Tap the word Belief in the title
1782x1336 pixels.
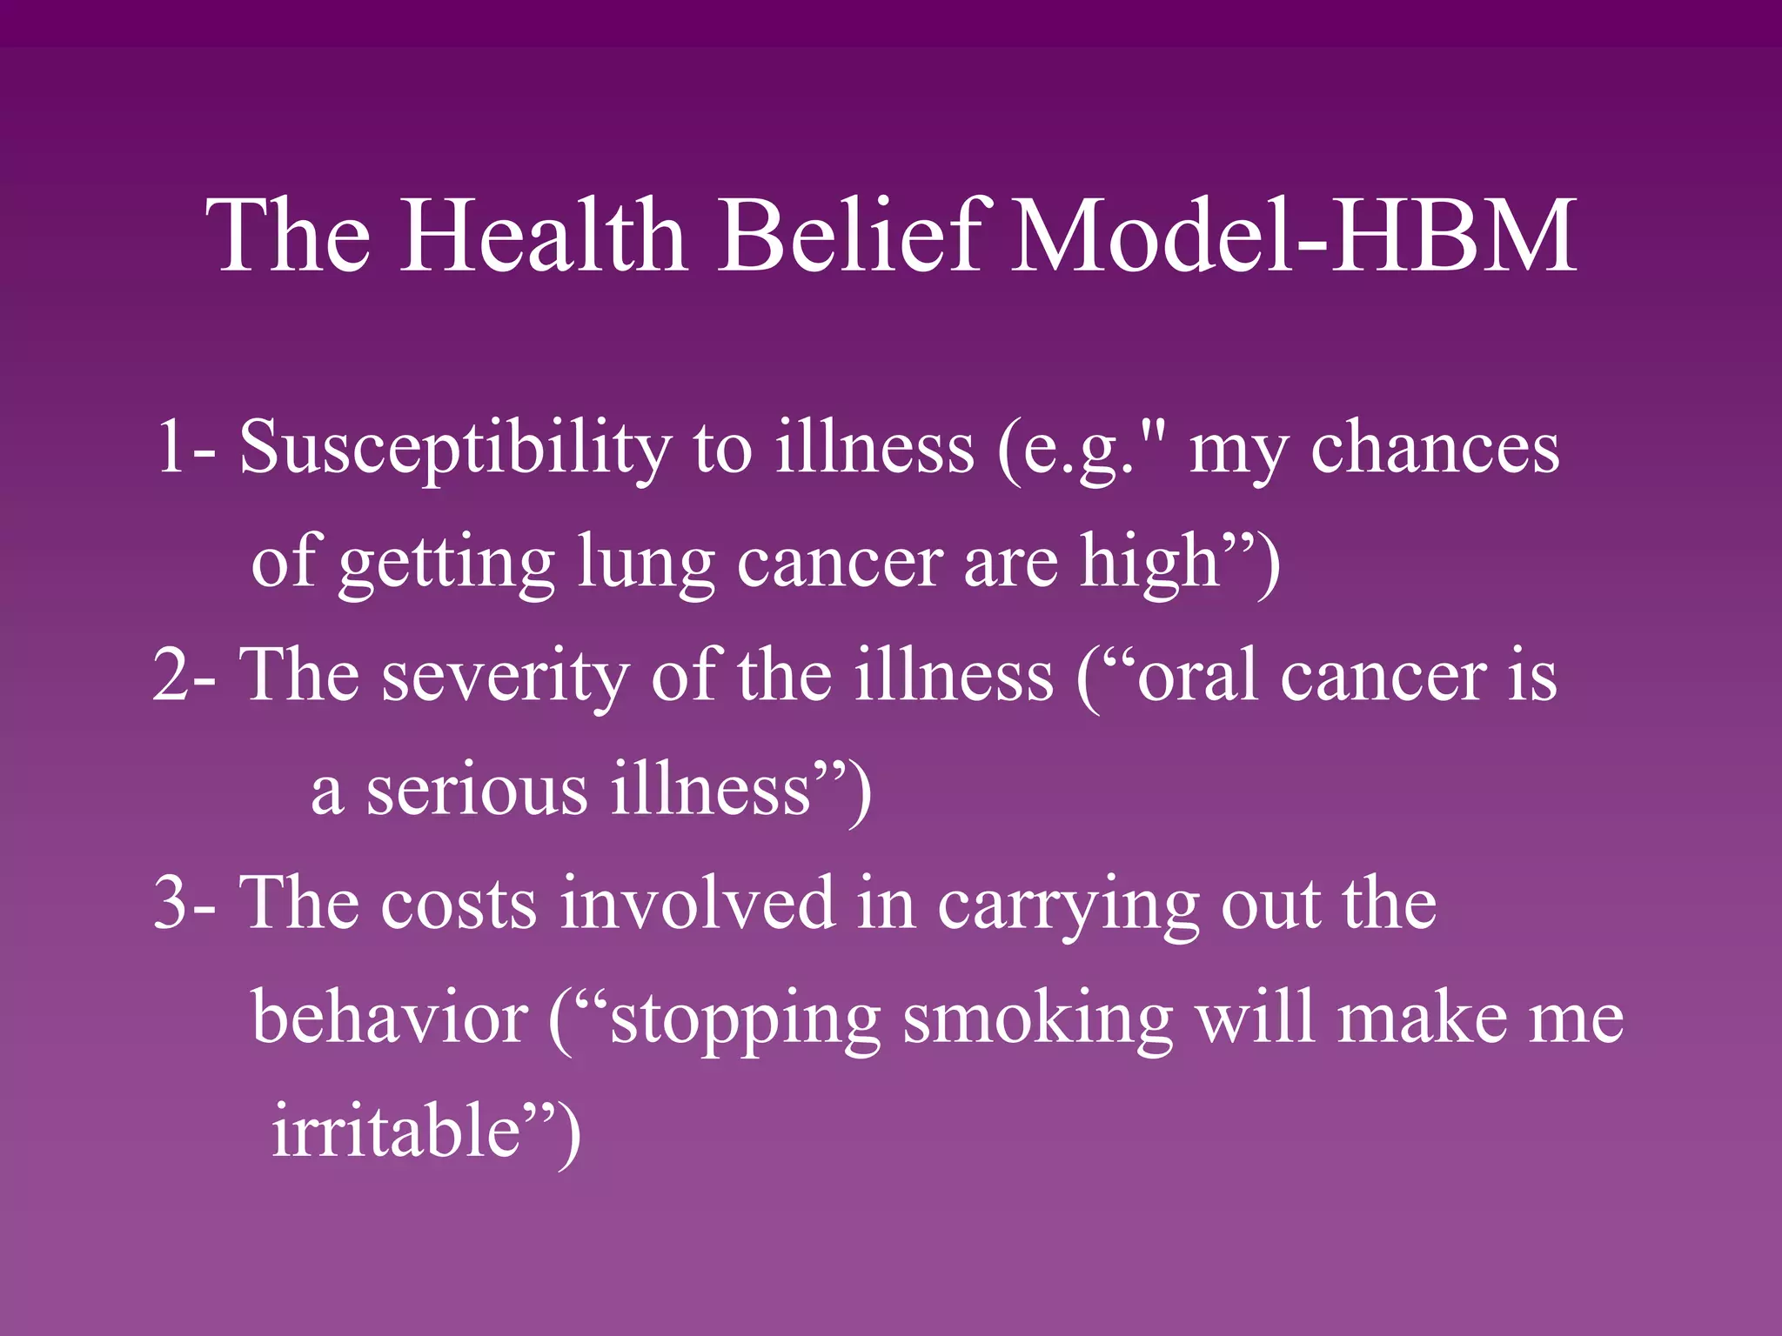pos(856,235)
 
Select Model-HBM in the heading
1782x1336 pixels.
pos(1293,235)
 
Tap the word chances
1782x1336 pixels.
pos(1435,448)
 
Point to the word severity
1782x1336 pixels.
pos(505,677)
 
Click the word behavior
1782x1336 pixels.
pos(390,1018)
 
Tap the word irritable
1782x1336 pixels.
pos(396,1131)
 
